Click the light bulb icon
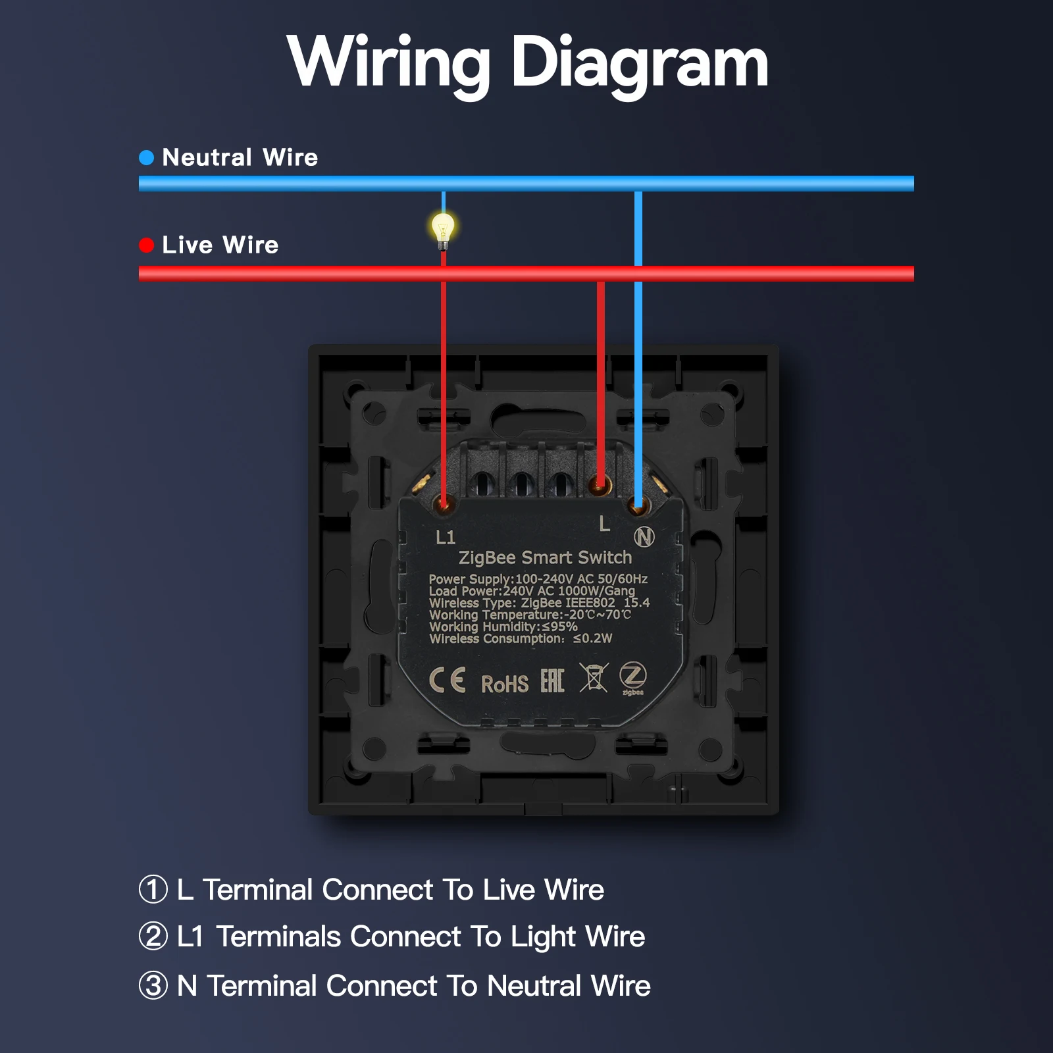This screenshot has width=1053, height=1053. [x=443, y=231]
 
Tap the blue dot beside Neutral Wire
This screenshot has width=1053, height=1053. [x=147, y=157]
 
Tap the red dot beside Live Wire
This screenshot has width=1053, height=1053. [x=147, y=245]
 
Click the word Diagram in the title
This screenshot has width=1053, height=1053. [x=640, y=64]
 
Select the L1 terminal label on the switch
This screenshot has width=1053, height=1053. [x=446, y=537]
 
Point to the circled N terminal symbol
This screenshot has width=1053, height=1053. [x=644, y=537]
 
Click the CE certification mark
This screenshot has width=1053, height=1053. [x=448, y=680]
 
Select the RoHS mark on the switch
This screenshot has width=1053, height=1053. [x=505, y=684]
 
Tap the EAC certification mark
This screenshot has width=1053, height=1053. [x=552, y=681]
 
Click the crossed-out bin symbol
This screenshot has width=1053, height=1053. [x=593, y=677]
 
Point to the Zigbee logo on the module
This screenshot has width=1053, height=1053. [x=633, y=678]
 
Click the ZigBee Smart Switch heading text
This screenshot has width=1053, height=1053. [x=545, y=557]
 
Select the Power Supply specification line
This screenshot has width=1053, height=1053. [x=538, y=578]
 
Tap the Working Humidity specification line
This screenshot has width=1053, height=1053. [x=503, y=627]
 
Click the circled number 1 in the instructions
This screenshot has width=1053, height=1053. [x=153, y=889]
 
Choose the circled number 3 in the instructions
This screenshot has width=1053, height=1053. [x=153, y=985]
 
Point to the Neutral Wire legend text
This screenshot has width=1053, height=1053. [x=240, y=157]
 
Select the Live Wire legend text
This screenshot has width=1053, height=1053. [x=220, y=245]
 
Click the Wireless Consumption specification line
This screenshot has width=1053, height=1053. [x=521, y=638]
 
